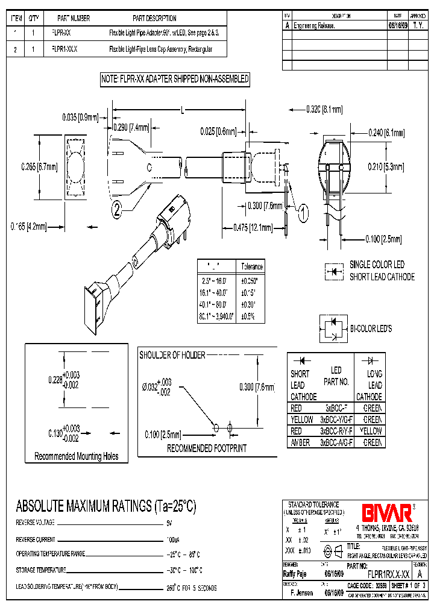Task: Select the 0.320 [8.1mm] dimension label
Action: tap(324, 109)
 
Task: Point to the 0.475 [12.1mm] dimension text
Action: tap(253, 227)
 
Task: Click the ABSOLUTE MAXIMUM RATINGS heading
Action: tap(106, 505)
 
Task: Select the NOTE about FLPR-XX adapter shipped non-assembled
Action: tap(175, 79)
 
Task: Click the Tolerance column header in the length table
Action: tap(252, 266)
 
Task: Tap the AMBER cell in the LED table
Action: tap(300, 442)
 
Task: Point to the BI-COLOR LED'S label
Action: tap(371, 329)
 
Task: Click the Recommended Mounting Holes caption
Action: tap(77, 456)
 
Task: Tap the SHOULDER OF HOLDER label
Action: tap(172, 355)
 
